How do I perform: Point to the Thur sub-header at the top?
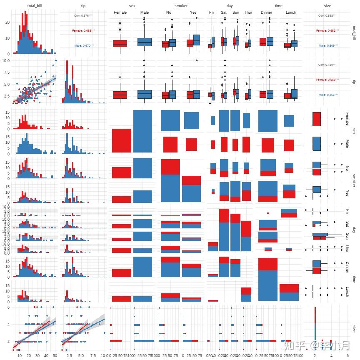pyautogui.click(x=248, y=12)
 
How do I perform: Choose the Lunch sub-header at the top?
pyautogui.click(x=291, y=12)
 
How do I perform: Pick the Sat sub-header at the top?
pyautogui.click(x=224, y=12)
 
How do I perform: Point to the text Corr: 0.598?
pyautogui.click(x=327, y=15)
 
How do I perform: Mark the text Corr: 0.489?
pyautogui.click(x=327, y=65)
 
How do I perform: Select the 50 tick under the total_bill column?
pyautogui.click(x=55, y=357)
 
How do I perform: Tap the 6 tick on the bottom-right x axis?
pyautogui.click(x=347, y=357)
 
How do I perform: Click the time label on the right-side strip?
pyautogui.click(x=354, y=279)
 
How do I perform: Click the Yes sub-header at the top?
pyautogui.click(x=193, y=12)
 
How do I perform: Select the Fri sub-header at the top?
pyautogui.click(x=212, y=12)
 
